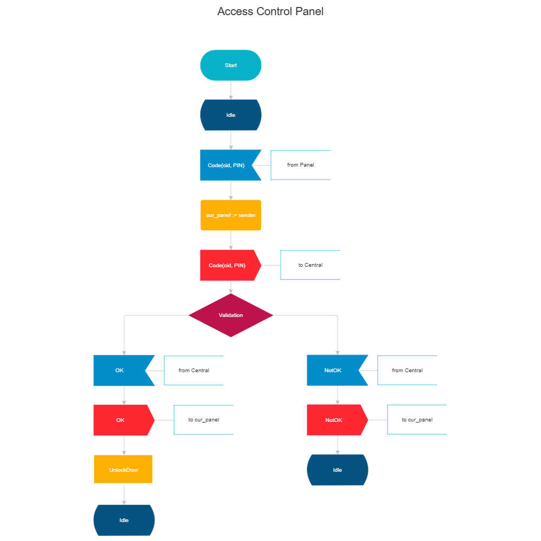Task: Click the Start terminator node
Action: (x=231, y=65)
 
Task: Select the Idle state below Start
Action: (x=231, y=115)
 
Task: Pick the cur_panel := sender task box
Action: (x=231, y=215)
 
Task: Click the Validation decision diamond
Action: (x=231, y=315)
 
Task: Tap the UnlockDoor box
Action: (x=123, y=470)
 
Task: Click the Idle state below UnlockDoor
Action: (x=124, y=520)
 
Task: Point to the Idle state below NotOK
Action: (x=338, y=470)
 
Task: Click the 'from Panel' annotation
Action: (x=300, y=165)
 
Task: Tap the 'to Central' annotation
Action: (x=310, y=265)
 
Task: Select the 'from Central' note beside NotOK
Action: (x=407, y=371)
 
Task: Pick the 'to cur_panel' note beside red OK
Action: (x=203, y=420)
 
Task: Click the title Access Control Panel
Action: (x=270, y=11)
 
